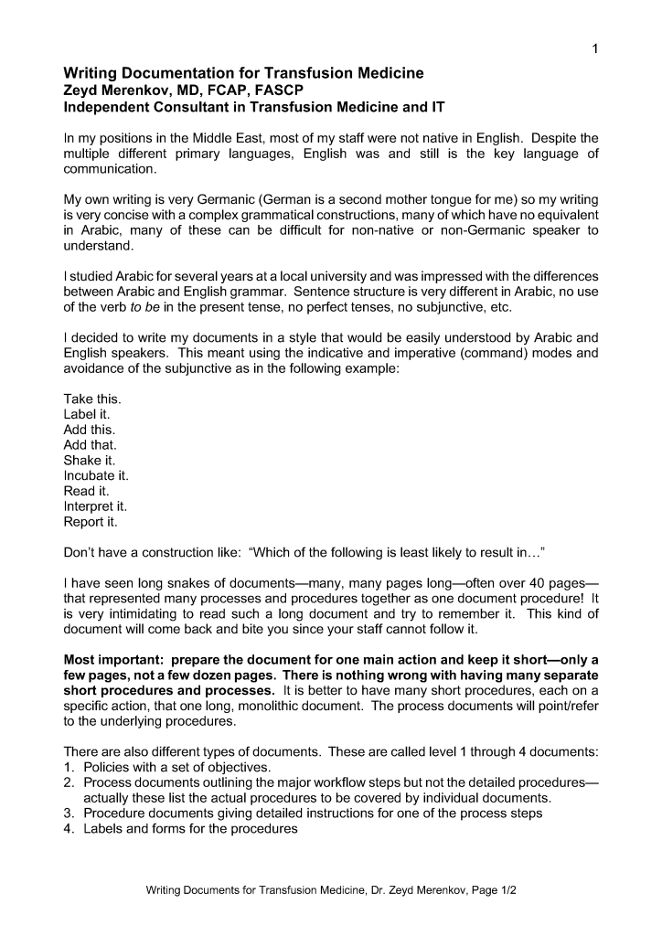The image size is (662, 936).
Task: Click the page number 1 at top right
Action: point(594,49)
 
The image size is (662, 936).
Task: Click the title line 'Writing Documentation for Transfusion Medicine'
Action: point(243,73)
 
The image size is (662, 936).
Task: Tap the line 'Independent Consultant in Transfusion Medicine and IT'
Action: point(254,107)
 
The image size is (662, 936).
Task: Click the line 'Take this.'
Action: point(91,399)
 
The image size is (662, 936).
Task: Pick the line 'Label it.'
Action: point(86,414)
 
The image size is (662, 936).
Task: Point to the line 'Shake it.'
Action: point(89,461)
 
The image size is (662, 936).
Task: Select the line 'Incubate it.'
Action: point(96,476)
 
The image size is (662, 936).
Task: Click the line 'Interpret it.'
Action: point(94,506)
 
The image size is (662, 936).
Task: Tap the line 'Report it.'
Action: point(90,522)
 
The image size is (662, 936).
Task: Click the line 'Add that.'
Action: point(90,445)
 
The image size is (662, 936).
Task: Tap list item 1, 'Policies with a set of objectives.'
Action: point(177,767)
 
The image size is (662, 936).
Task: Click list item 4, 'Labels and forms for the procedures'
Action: point(190,829)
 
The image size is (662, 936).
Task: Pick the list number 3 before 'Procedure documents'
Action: point(69,814)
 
